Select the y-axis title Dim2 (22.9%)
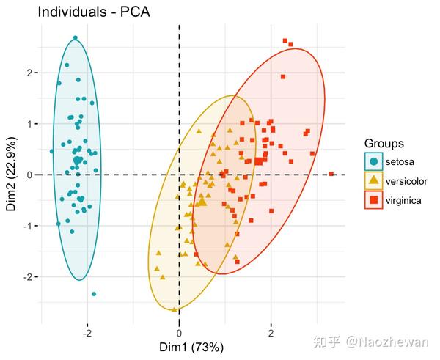click(11, 174)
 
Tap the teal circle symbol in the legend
click(374, 161)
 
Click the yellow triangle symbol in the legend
click(374, 180)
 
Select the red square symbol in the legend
click(374, 199)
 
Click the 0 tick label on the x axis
click(180, 333)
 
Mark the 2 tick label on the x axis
click(271, 333)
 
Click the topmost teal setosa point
click(76, 37)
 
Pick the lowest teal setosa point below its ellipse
click(94, 294)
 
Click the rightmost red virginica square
click(331, 174)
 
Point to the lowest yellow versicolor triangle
click(178, 309)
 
